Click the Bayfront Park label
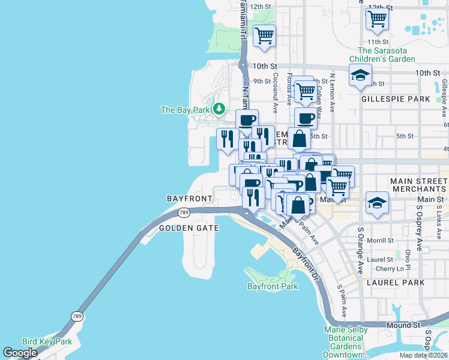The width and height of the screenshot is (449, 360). (x=273, y=286)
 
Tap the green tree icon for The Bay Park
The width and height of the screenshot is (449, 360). (x=220, y=109)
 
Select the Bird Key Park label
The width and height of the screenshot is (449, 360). (x=47, y=341)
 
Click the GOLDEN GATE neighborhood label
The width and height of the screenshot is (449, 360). (x=185, y=228)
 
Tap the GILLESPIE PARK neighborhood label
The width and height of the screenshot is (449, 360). (x=396, y=98)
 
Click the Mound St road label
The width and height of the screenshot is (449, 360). (x=402, y=325)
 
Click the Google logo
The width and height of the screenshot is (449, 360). (x=20, y=353)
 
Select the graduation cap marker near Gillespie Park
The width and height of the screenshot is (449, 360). (x=360, y=76)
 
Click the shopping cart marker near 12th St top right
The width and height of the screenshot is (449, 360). (x=377, y=19)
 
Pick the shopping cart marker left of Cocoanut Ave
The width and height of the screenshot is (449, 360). (x=264, y=35)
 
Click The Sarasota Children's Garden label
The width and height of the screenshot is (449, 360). (x=386, y=55)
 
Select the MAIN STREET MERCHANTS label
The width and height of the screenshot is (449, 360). (x=418, y=185)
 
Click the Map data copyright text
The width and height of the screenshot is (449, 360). (x=423, y=355)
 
